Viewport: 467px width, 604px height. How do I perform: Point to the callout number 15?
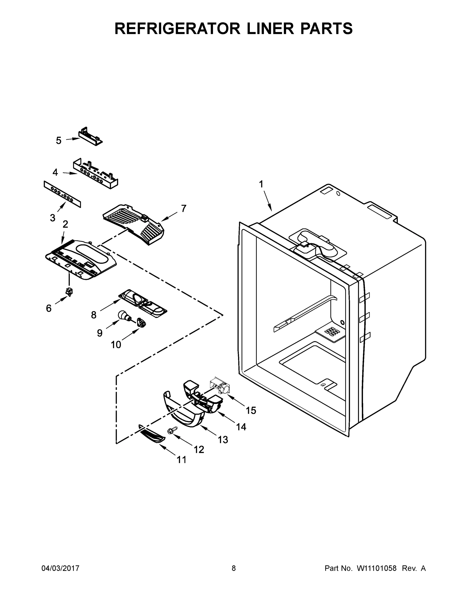[x=251, y=410]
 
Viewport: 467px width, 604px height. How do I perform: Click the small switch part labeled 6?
[x=69, y=291]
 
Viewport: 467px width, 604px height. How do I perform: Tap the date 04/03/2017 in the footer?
[x=60, y=568]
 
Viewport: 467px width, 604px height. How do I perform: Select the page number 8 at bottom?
[x=234, y=568]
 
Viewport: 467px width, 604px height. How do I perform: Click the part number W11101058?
[x=377, y=568]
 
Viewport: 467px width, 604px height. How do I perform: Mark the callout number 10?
[x=116, y=345]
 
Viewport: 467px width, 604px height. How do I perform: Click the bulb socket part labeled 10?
[x=141, y=322]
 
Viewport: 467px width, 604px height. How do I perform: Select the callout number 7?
[x=184, y=208]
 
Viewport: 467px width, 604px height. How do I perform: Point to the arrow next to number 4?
[x=70, y=173]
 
